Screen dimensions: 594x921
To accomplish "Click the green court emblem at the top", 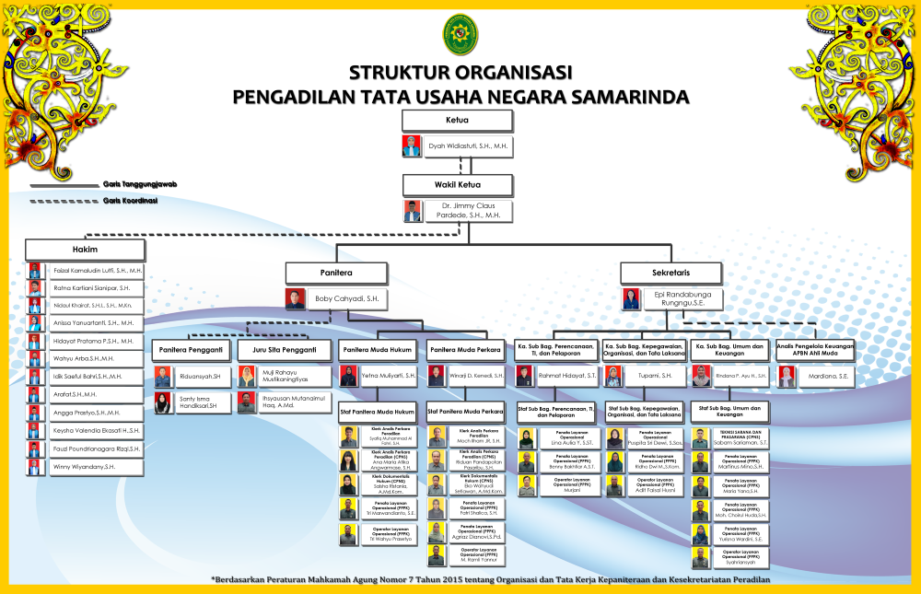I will pyautogui.click(x=460, y=34).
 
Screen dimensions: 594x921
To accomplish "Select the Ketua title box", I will pyautogui.click(x=458, y=120).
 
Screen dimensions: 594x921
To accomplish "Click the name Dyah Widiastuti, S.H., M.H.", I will pyautogui.click(x=468, y=146).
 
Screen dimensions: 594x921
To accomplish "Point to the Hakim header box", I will pyautogui.click(x=85, y=250).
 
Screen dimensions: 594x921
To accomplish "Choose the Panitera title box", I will pyautogui.click(x=335, y=273).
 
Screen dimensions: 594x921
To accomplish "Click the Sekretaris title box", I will pyautogui.click(x=670, y=273).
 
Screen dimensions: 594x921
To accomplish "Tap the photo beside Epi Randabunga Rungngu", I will pyautogui.click(x=631, y=298).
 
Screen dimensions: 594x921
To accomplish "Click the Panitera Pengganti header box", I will pyautogui.click(x=191, y=350).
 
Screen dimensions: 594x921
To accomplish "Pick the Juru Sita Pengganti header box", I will pyautogui.click(x=284, y=350).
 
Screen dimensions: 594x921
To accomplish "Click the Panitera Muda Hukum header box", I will pyautogui.click(x=378, y=350).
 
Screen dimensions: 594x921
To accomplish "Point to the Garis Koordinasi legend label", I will pyautogui.click(x=130, y=200).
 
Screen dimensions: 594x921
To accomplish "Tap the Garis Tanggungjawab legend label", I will pyautogui.click(x=139, y=184).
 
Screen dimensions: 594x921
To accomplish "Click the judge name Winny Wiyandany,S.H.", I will pyautogui.click(x=84, y=467).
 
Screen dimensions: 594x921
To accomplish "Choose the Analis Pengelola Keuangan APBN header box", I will pyautogui.click(x=814, y=350).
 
